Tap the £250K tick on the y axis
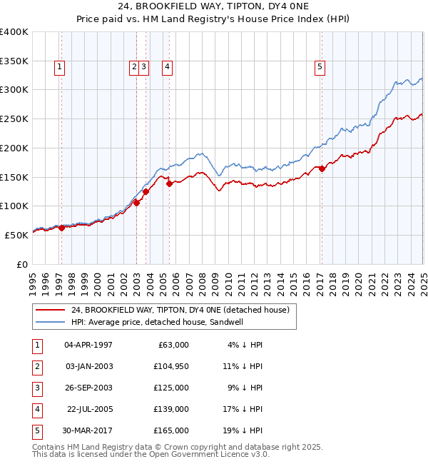click(14, 118)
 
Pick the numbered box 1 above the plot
click(59, 68)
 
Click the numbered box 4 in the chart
click(168, 68)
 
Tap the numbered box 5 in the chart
click(320, 68)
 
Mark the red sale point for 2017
click(322, 168)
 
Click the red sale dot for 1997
click(61, 228)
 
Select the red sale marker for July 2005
click(169, 183)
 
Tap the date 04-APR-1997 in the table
click(88, 345)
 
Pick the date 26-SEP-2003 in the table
click(88, 388)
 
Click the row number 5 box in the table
click(36, 430)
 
